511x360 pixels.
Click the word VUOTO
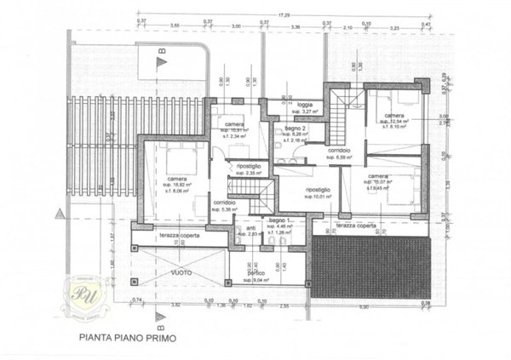point(180,272)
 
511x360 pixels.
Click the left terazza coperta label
point(177,231)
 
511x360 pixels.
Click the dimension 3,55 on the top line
point(174,26)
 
